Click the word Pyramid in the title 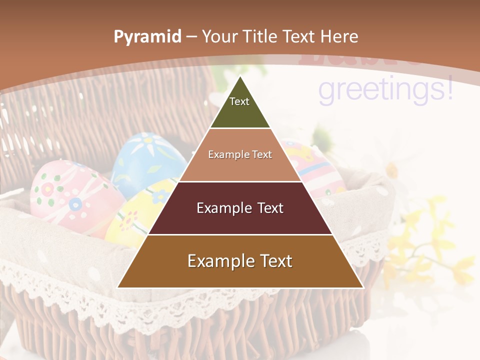(x=147, y=36)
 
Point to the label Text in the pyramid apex (x=239, y=101)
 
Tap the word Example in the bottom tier (x=218, y=261)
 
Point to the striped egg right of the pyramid (x=315, y=167)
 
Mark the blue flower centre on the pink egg (x=75, y=204)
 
